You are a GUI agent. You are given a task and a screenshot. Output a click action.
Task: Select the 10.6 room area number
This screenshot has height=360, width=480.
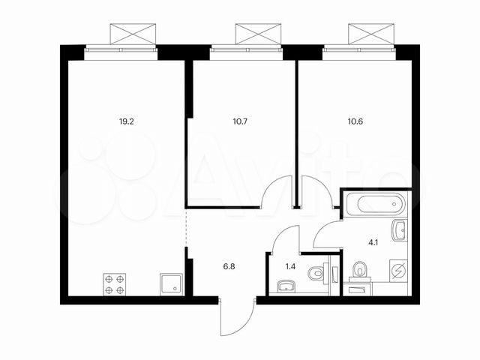click(x=356, y=118)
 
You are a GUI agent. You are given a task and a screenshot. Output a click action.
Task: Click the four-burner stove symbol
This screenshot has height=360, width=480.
click(x=115, y=283)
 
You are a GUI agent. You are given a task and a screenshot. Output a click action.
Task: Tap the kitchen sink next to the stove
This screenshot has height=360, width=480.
click(x=170, y=283)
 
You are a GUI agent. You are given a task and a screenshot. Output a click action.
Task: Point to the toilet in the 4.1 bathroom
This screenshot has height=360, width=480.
click(x=360, y=268)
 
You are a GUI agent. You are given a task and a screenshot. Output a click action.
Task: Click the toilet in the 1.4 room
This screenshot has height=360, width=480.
click(x=319, y=273)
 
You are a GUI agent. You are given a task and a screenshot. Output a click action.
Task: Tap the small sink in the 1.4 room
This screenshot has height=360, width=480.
click(x=285, y=286)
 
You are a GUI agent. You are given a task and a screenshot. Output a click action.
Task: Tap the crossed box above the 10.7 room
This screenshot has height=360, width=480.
click(x=256, y=34)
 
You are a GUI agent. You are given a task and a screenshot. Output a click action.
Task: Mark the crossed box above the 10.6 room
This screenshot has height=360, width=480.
click(x=369, y=34)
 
